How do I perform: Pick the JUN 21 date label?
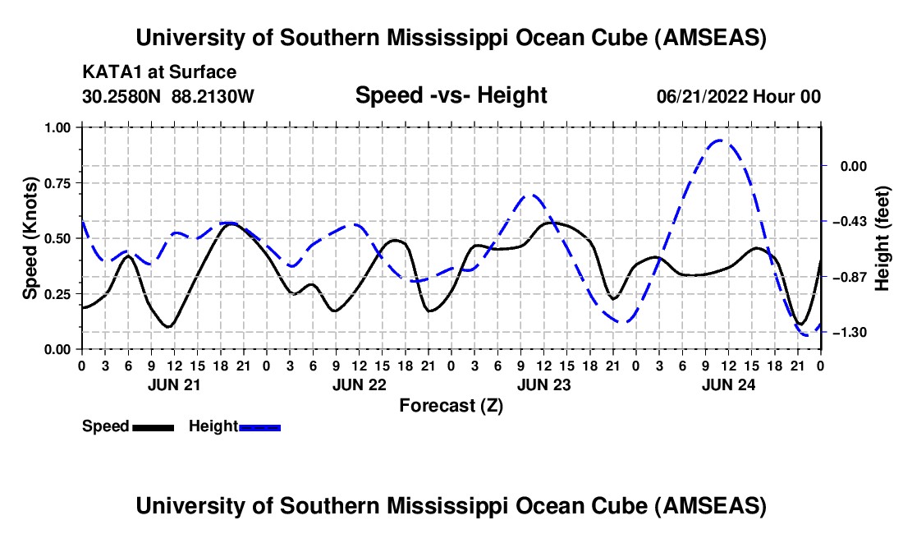[173, 384]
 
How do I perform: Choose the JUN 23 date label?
[543, 384]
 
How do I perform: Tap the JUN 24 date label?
[727, 384]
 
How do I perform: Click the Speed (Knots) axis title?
[30, 238]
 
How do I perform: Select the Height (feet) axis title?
[882, 238]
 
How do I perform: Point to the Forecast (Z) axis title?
[451, 405]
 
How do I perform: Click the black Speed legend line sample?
[153, 426]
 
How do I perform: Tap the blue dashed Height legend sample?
[259, 426]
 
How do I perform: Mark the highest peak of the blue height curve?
[720, 140]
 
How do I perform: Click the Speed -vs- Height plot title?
[451, 95]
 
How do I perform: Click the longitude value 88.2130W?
[213, 96]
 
